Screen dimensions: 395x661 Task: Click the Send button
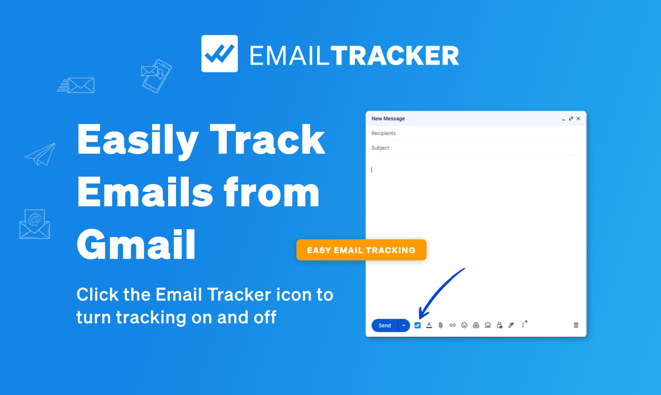385,325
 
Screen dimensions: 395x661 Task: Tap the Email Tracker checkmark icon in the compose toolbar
417,325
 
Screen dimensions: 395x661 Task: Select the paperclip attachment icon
440,325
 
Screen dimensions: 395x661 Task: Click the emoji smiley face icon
464,325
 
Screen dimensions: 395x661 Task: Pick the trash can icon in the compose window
576,325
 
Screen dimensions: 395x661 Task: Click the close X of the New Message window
578,118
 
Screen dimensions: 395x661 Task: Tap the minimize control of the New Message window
564,119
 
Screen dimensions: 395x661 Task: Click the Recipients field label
384,134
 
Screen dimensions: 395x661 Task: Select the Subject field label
380,148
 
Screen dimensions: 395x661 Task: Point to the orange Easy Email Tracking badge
361,250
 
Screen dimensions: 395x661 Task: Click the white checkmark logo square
220,54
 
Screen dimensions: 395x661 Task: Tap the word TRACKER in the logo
395,56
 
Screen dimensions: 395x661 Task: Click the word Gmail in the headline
136,245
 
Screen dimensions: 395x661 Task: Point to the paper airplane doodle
40,154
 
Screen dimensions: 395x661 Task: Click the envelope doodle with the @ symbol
34,224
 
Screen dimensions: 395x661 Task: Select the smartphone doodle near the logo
157,75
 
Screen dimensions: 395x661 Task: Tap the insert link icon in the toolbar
452,325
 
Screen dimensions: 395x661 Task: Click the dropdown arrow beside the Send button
403,325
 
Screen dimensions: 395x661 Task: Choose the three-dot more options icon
523,325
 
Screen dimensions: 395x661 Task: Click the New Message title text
388,118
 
